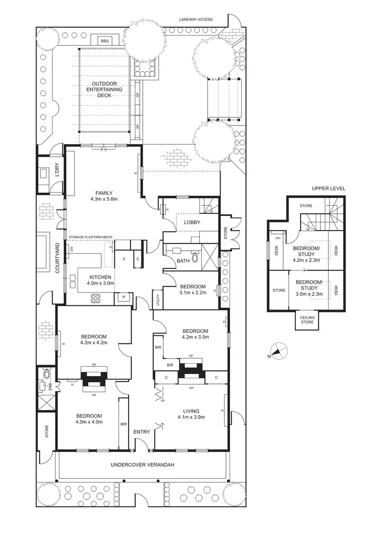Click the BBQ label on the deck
(x=105, y=40)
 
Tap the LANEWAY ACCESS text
(x=196, y=20)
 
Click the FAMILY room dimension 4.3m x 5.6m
(x=103, y=199)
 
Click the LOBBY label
(x=192, y=222)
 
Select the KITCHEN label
(x=100, y=277)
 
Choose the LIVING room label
(x=192, y=411)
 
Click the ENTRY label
(x=141, y=432)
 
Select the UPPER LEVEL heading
(x=328, y=188)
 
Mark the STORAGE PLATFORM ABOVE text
(x=90, y=237)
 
